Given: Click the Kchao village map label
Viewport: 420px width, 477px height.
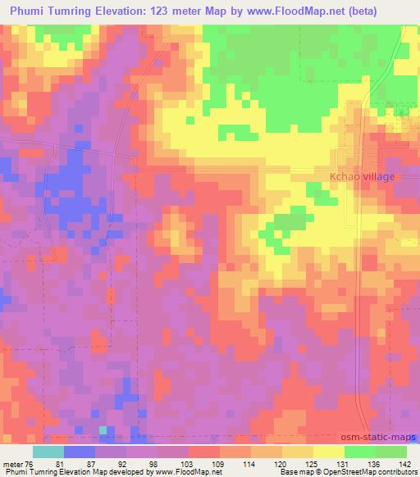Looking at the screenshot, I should point(362,176).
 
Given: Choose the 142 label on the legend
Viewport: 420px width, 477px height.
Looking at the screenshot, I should point(404,464).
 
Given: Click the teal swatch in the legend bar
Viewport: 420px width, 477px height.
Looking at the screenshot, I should point(48,452).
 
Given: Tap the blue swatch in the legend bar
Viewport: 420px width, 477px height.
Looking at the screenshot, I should point(80,452).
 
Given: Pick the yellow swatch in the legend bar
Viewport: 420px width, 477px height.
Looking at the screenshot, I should point(328,452).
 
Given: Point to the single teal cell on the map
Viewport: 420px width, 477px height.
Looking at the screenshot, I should point(103,429).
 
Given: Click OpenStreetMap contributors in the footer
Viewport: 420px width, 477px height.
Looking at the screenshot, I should point(377,473).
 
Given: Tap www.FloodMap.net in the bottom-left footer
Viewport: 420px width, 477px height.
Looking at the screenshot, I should point(187,473).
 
